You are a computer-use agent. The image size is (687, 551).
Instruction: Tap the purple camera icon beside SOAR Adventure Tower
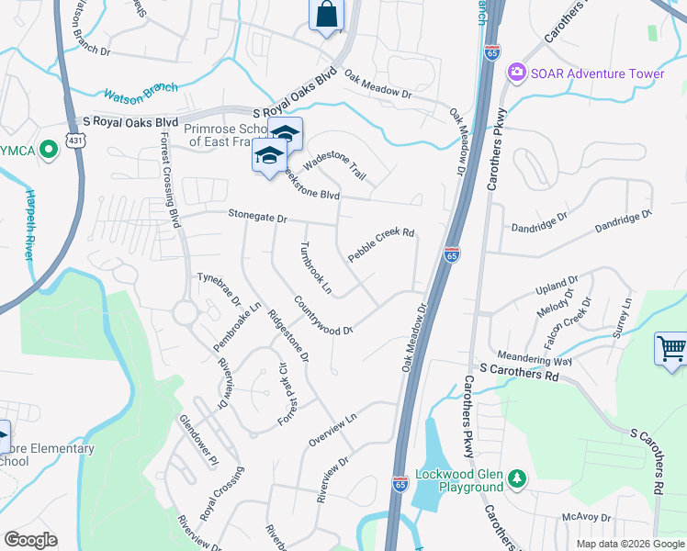[x=517, y=72]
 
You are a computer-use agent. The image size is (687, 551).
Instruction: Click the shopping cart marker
[x=670, y=349]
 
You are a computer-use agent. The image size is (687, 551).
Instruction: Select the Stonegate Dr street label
[x=258, y=219]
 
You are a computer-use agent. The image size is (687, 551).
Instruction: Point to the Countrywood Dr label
[x=323, y=316]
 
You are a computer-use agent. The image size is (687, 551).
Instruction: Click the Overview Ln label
[x=331, y=430]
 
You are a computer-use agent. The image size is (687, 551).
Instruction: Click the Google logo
[x=30, y=540]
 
